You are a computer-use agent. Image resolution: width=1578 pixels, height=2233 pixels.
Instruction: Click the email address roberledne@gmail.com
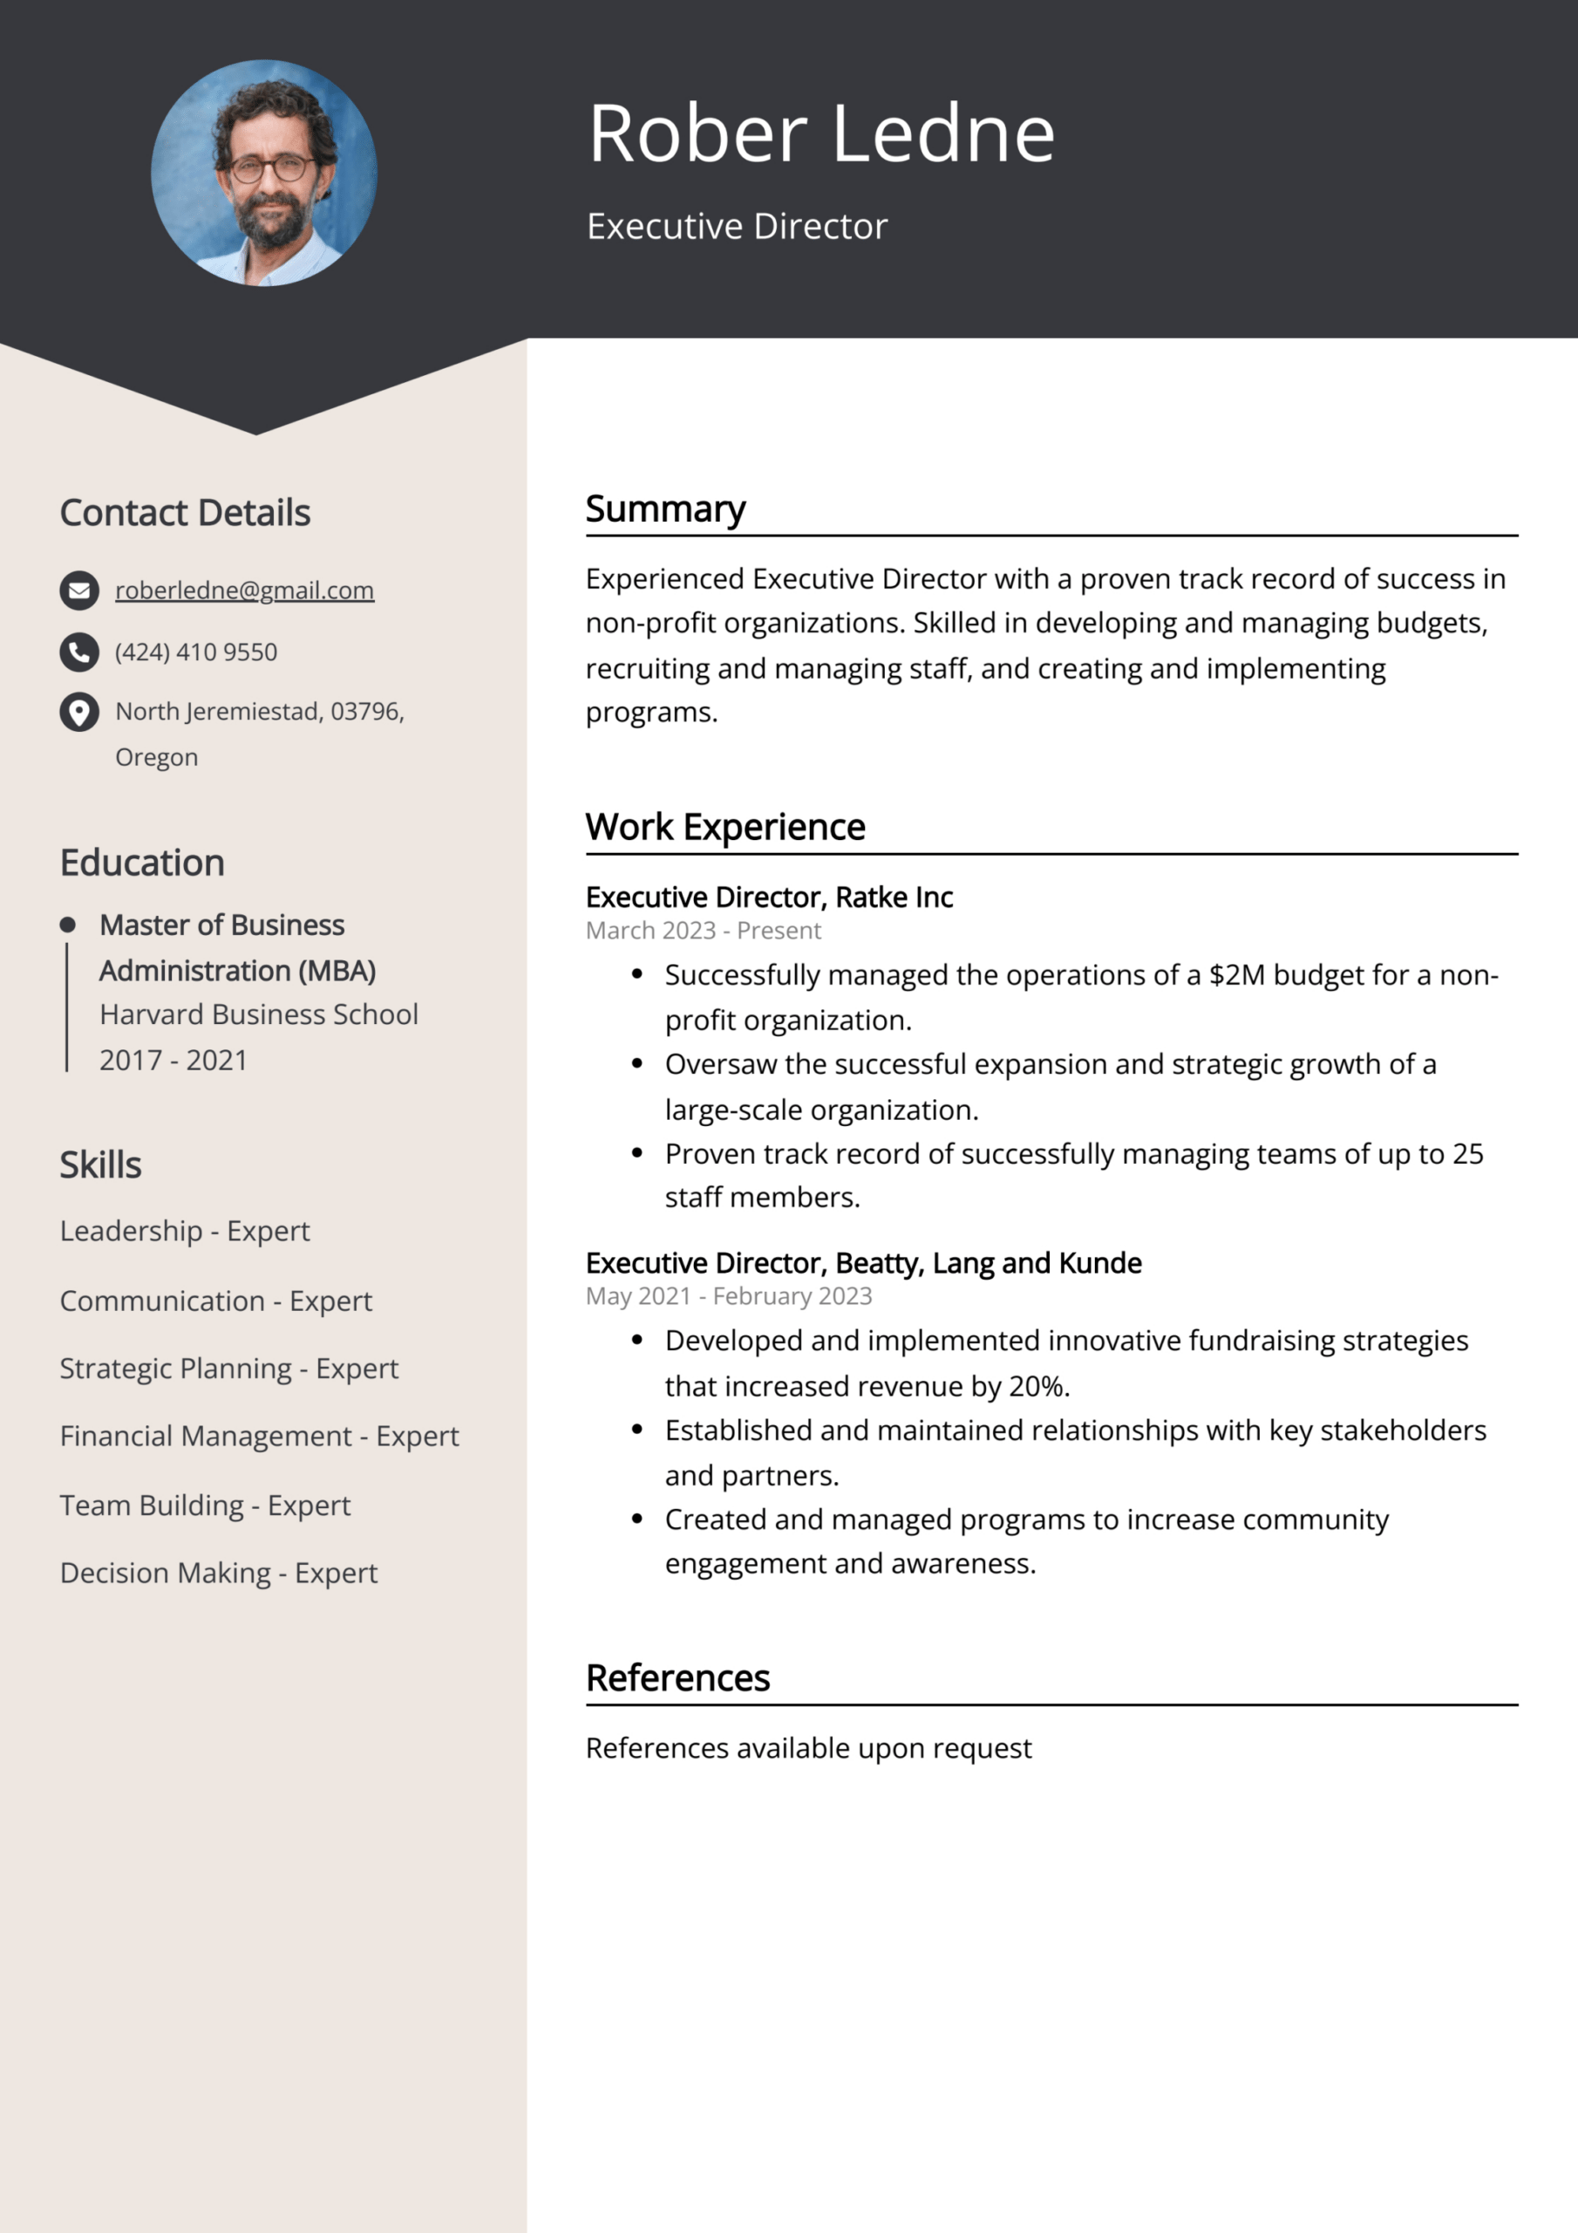[244, 591]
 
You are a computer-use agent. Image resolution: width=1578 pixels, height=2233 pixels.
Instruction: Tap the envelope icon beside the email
[79, 591]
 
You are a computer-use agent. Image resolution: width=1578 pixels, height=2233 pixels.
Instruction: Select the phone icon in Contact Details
[79, 652]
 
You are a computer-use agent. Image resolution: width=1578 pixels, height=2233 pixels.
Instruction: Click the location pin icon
[79, 712]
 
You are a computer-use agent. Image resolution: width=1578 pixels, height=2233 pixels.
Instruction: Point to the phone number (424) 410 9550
[196, 652]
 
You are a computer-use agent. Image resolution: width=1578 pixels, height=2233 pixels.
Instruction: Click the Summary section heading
[665, 509]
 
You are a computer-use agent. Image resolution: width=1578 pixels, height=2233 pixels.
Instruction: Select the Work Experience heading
[725, 827]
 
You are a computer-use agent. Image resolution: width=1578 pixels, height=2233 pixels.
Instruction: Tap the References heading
[677, 1677]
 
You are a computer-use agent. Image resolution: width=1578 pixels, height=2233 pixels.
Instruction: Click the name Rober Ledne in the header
[821, 133]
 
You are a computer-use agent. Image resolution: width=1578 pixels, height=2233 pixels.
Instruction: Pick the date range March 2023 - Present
[703, 931]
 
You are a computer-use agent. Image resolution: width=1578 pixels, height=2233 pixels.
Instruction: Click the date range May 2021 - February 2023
[728, 1296]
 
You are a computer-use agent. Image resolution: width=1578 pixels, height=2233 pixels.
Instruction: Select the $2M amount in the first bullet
[1237, 974]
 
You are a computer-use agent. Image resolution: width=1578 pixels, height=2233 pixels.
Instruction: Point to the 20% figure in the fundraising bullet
[1037, 1386]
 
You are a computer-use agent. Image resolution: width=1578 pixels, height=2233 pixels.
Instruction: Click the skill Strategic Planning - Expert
[228, 1369]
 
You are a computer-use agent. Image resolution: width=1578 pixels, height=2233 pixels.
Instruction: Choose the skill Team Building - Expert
[205, 1505]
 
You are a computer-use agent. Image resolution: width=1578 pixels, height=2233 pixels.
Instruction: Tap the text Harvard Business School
[259, 1014]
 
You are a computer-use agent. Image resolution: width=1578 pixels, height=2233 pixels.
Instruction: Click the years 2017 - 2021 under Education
[173, 1060]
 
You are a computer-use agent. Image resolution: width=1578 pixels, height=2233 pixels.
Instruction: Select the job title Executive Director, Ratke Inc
[769, 897]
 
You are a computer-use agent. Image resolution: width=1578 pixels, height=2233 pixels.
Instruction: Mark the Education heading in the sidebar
[142, 863]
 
